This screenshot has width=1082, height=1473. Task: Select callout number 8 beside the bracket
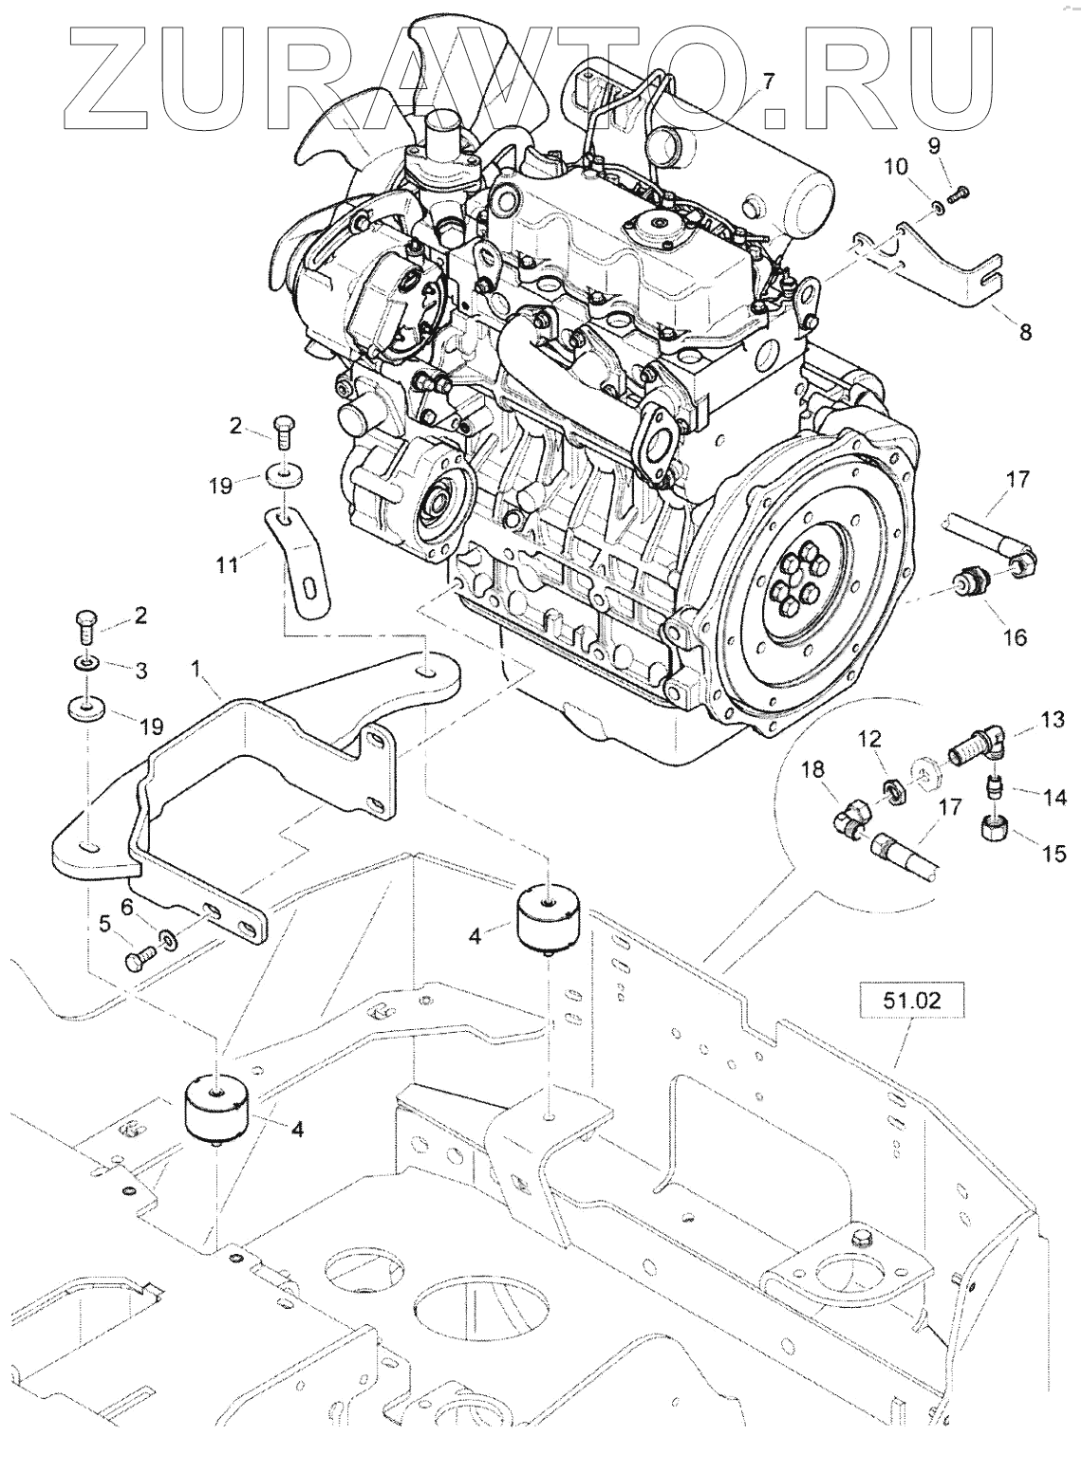tap(1024, 332)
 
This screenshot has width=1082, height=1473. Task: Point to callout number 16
tap(1015, 636)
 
